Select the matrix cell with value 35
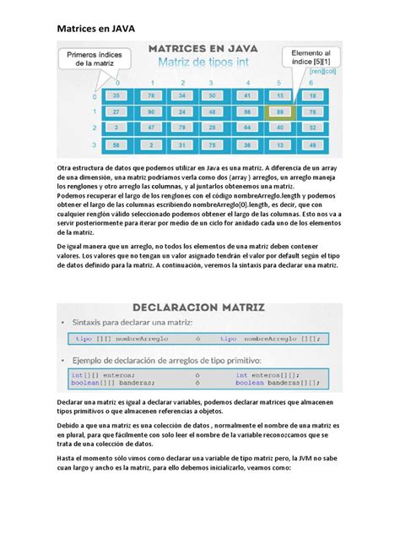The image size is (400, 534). coord(117,96)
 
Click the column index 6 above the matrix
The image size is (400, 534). coord(311,82)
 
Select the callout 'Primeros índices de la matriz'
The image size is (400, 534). coord(88,57)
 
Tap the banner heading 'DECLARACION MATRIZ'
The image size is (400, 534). coord(195,307)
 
